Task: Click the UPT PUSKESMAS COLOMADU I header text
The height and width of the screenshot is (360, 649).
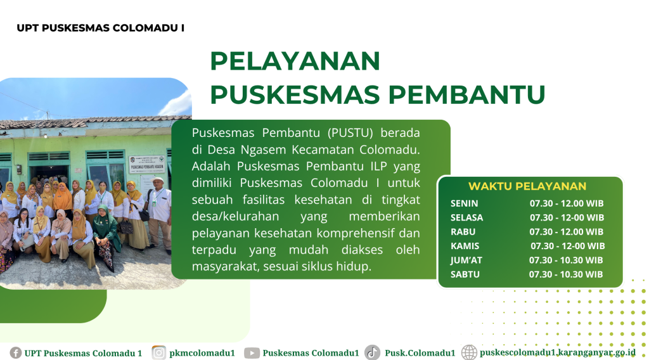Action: point(101,28)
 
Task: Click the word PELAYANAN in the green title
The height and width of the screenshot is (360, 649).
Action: point(295,61)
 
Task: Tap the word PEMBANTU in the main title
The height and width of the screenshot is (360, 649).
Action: point(466,94)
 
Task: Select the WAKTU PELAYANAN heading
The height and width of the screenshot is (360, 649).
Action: point(527,186)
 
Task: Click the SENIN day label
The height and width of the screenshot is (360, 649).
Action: point(464,203)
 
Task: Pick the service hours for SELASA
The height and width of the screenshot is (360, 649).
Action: point(567,217)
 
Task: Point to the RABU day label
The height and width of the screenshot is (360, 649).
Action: point(463,232)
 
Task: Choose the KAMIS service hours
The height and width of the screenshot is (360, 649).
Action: point(568,246)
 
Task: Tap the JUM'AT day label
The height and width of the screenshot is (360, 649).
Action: point(466,260)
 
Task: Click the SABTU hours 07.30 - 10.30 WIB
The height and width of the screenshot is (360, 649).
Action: point(566,274)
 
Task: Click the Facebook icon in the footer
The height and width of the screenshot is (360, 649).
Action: point(16,353)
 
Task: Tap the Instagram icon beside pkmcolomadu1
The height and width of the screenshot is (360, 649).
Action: point(158,353)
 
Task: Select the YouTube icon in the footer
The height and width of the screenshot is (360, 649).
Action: point(252,353)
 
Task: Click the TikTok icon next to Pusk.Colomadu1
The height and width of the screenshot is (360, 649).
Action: point(372,352)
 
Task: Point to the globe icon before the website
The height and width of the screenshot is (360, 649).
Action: point(469,352)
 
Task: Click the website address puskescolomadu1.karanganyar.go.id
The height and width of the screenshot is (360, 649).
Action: point(558,352)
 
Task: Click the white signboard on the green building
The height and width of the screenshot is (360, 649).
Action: point(147,164)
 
